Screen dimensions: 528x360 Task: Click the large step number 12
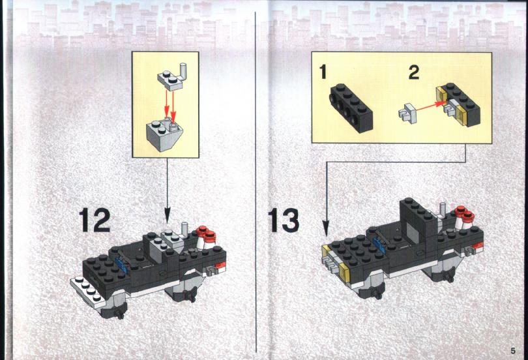(95, 220)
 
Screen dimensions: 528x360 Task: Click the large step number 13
(284, 220)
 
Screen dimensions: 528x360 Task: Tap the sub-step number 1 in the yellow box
(323, 72)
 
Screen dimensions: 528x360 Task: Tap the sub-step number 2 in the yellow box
(414, 72)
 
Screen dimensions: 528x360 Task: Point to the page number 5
(513, 351)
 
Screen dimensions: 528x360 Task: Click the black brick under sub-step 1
(351, 108)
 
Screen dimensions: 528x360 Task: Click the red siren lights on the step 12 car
(206, 233)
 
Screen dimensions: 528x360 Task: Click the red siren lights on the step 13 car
(464, 213)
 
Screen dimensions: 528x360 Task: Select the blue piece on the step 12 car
(121, 264)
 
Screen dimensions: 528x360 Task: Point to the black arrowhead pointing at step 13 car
(326, 228)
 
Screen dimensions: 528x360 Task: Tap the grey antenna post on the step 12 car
(184, 230)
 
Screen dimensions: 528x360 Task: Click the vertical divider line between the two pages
(256, 182)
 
